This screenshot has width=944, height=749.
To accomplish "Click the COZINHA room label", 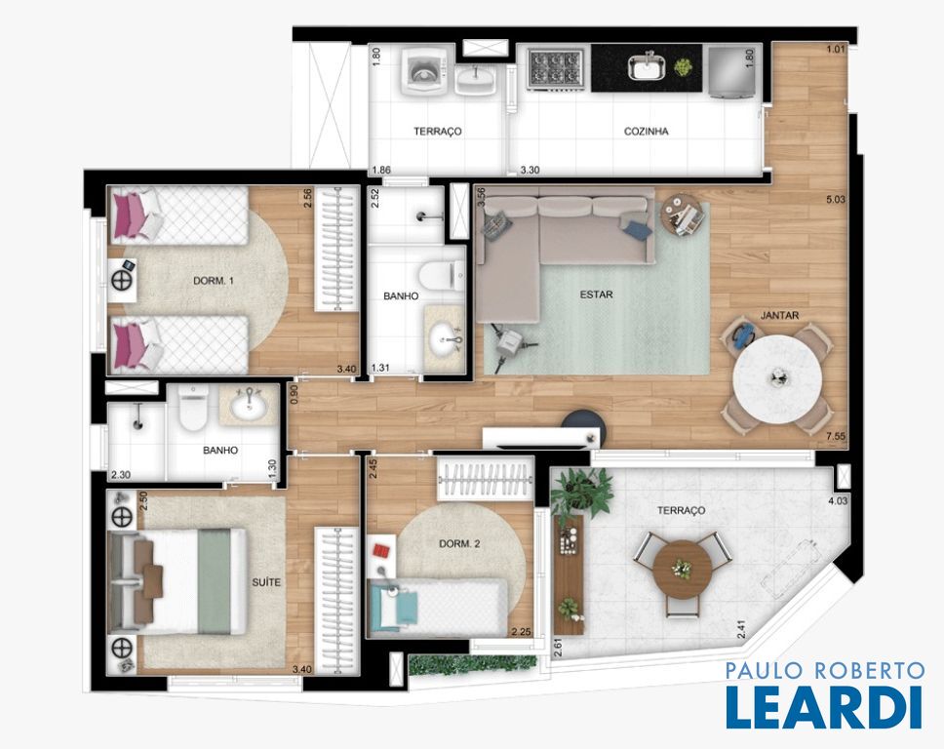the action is point(646,132).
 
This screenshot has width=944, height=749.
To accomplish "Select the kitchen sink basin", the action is point(648,66).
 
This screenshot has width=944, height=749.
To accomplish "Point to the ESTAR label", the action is point(596,295).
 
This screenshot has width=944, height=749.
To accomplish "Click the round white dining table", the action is point(777,379).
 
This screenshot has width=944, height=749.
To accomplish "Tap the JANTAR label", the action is point(779,315).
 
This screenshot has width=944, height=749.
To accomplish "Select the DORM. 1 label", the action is point(214,281).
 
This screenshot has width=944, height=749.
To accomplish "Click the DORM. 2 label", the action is point(459,543).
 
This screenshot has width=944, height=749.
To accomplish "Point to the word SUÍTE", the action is point(266,582).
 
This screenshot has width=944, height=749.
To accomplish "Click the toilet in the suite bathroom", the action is point(193,408).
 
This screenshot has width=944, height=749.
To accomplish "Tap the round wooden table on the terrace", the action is point(682,569).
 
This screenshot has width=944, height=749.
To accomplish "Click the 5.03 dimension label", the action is point(836,199).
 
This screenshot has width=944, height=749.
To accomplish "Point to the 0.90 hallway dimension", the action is point(294,394).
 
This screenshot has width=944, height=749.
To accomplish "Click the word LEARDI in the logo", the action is point(824,706).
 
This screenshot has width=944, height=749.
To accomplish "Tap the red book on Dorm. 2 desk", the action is point(381,550).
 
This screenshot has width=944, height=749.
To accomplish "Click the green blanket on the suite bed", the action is point(215,581).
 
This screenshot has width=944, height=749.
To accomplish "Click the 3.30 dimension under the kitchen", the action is point(530,171).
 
